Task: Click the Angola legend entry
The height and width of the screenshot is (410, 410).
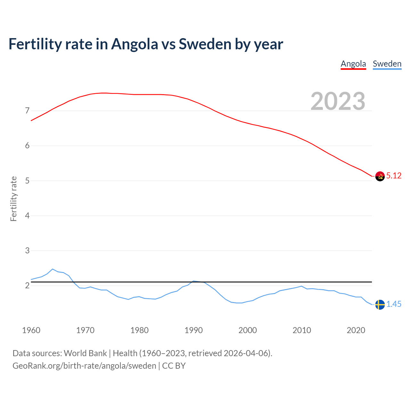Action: pos(353,64)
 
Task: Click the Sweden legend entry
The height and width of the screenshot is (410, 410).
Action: pos(387,64)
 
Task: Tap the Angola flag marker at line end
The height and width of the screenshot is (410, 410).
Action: pos(380,176)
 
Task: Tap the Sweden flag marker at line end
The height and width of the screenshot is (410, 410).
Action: pos(380,305)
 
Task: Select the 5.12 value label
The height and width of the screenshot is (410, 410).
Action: pos(394,176)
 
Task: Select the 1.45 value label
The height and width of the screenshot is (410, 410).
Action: pos(394,304)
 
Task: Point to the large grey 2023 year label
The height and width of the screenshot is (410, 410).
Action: pos(338,101)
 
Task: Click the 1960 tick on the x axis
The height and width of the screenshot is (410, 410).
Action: pos(31,330)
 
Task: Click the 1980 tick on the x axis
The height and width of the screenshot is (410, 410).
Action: pos(139,330)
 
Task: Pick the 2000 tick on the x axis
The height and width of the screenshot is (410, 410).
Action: pos(248,330)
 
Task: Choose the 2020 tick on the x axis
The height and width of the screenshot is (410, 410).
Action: pos(356,330)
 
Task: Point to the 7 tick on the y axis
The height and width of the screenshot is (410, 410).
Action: pos(27,111)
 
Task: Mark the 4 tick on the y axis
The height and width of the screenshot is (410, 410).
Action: pos(27,216)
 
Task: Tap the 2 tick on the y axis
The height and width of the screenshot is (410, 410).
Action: pos(27,285)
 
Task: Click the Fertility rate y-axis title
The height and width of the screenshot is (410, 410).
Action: pos(13,199)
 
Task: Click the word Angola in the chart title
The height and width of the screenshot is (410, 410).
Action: pos(135,44)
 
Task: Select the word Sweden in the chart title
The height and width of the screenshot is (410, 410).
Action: pos(205,44)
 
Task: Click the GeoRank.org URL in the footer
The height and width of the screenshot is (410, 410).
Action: pos(84,366)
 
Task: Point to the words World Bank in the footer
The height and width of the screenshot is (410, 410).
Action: pos(85,353)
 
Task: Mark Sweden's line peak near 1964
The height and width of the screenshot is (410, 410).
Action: pos(53,269)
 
